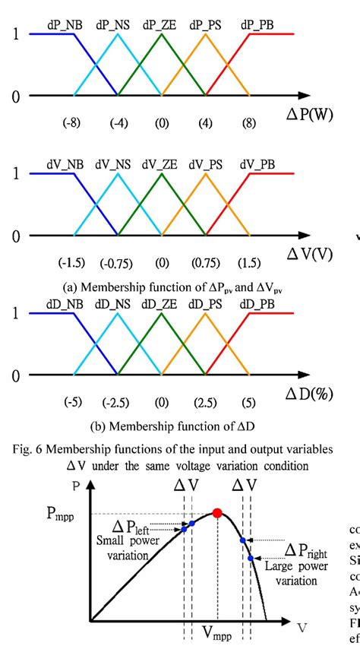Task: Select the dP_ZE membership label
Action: pos(161,24)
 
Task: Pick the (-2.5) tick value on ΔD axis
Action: pos(117,402)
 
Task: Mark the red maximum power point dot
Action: pos(217,514)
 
